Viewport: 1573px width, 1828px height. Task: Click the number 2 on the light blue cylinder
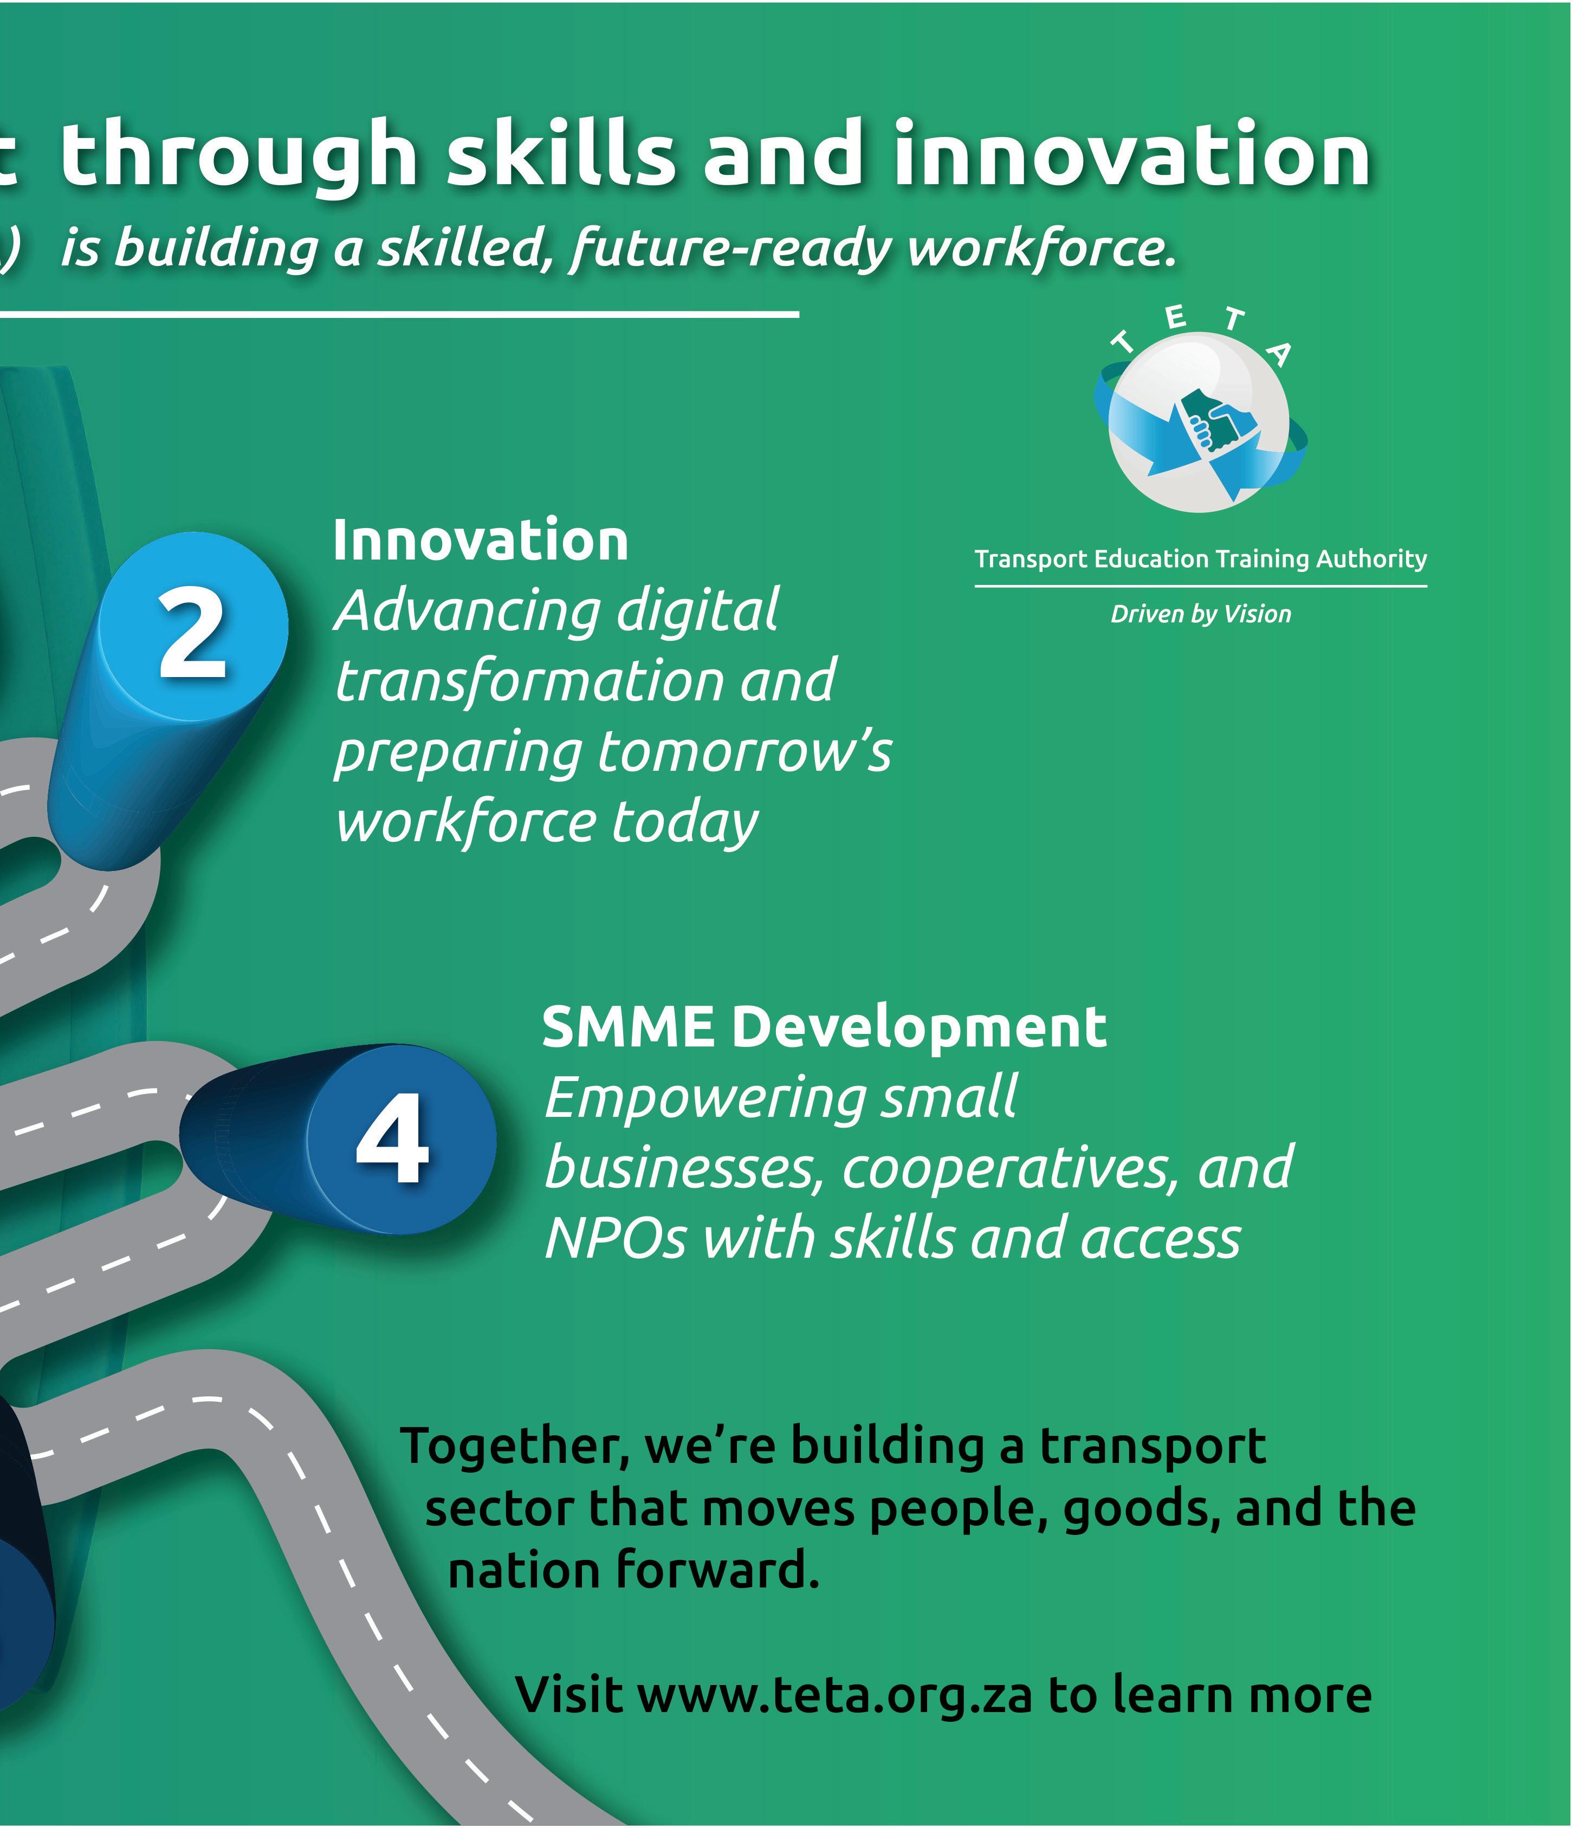pos(192,634)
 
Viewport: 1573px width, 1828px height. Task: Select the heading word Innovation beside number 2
pos(480,540)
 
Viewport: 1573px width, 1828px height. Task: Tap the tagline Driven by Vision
pos(1201,614)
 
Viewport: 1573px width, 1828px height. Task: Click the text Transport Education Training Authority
pos(1201,560)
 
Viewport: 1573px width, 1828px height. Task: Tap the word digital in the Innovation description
pos(697,611)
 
